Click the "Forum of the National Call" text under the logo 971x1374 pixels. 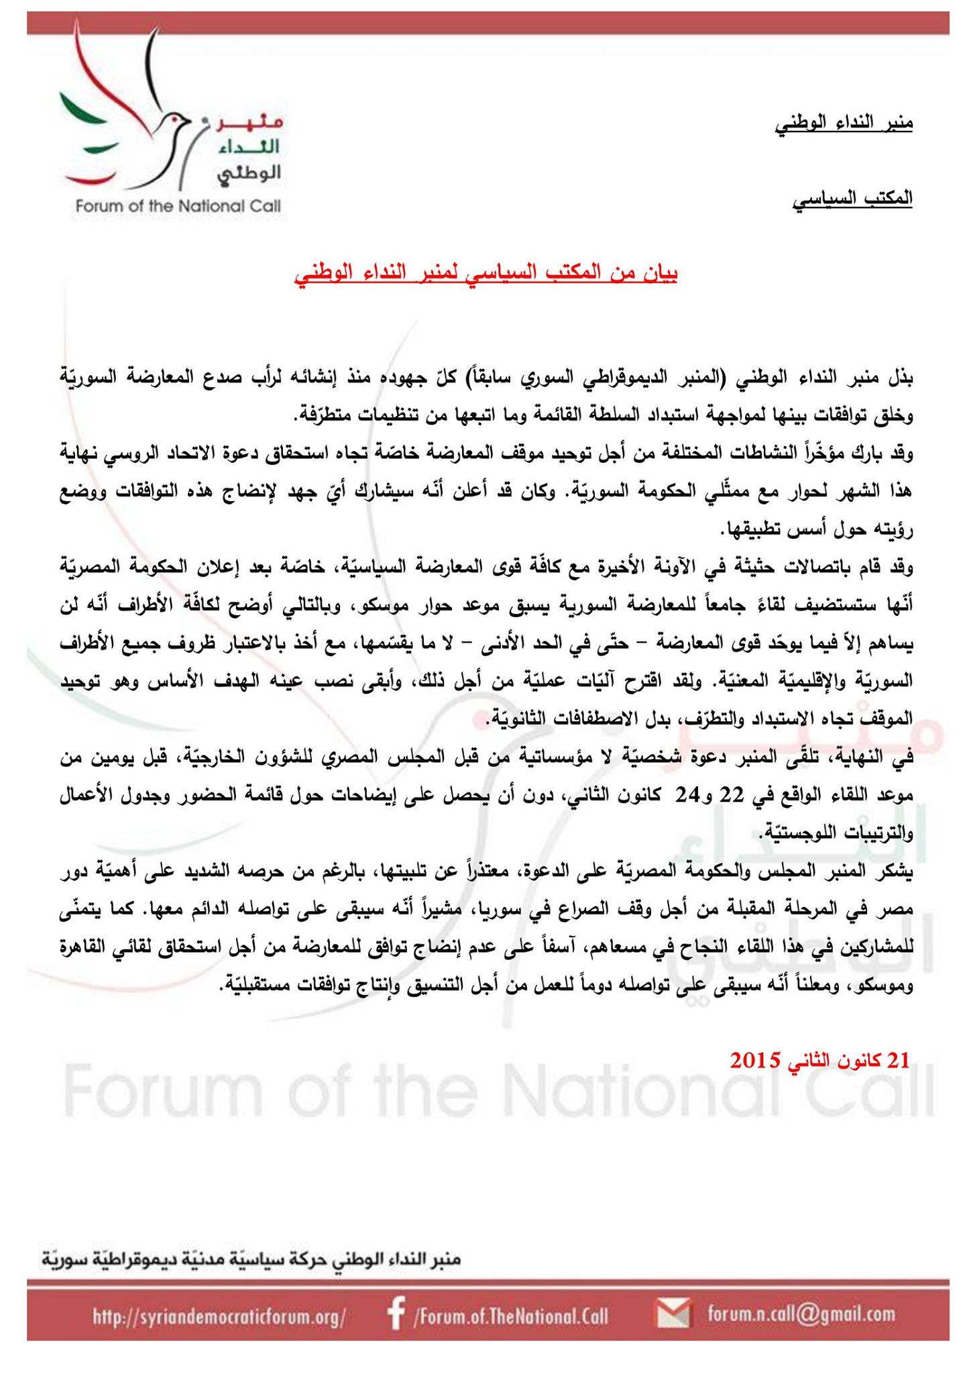coord(178,206)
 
